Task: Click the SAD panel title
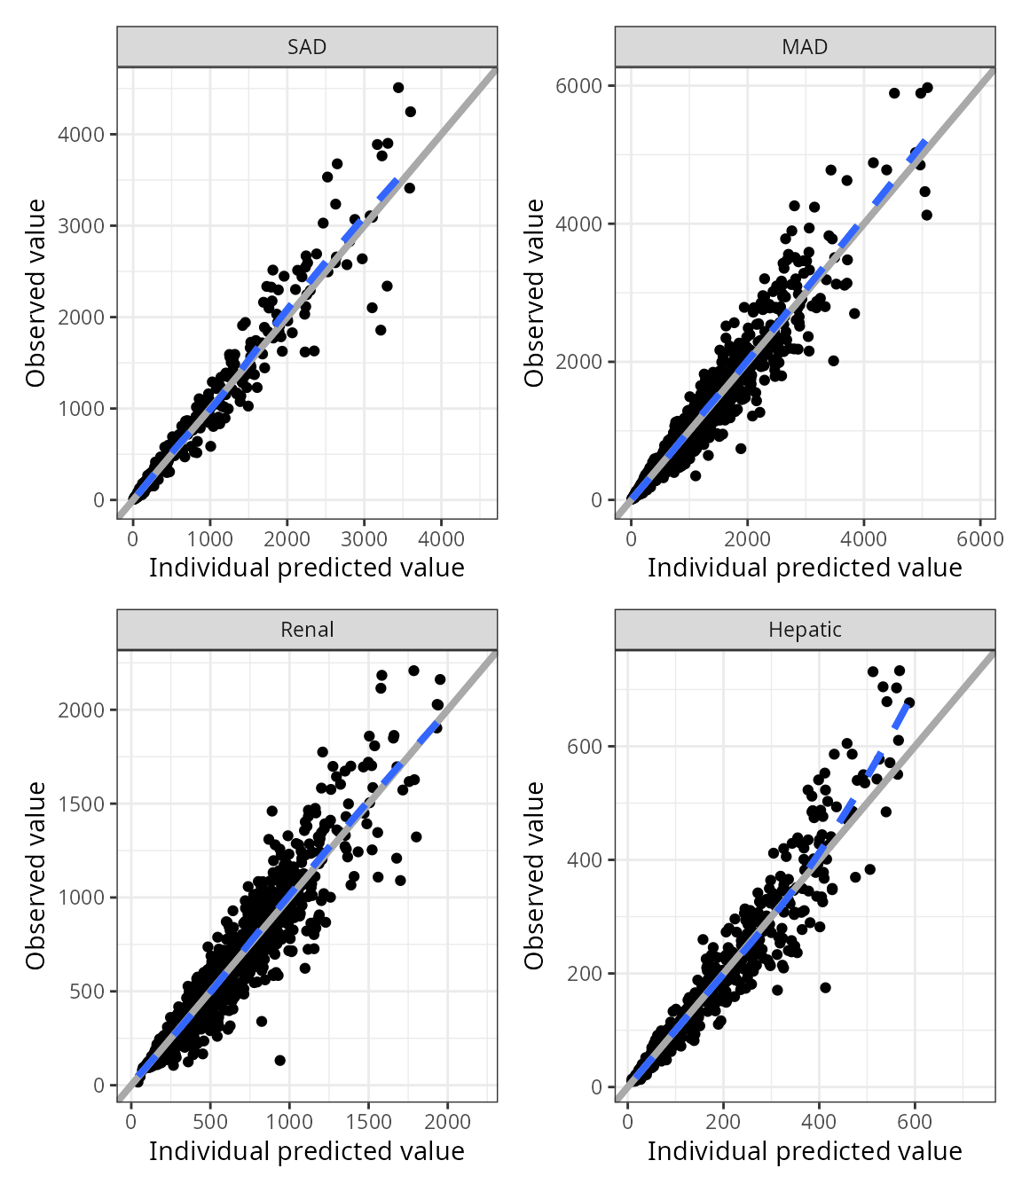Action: click(307, 47)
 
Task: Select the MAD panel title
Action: click(805, 47)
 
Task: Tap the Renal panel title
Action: click(307, 630)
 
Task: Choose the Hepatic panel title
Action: click(805, 630)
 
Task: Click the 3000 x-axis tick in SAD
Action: click(365, 539)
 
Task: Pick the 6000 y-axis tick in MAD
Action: click(579, 86)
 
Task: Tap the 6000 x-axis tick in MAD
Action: click(979, 539)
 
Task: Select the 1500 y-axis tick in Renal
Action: click(82, 804)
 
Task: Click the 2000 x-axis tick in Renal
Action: click(447, 1121)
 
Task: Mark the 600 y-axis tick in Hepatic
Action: click(585, 747)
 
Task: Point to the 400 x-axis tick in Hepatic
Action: click(818, 1121)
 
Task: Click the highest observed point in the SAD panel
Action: click(398, 88)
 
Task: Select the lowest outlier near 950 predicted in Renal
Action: click(280, 1060)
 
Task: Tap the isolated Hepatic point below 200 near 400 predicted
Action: click(825, 987)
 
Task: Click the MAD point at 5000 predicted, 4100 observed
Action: click(927, 215)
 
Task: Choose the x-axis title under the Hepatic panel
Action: click(805, 1151)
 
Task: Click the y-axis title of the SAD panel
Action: click(35, 293)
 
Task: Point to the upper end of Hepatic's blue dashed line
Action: click(908, 702)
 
